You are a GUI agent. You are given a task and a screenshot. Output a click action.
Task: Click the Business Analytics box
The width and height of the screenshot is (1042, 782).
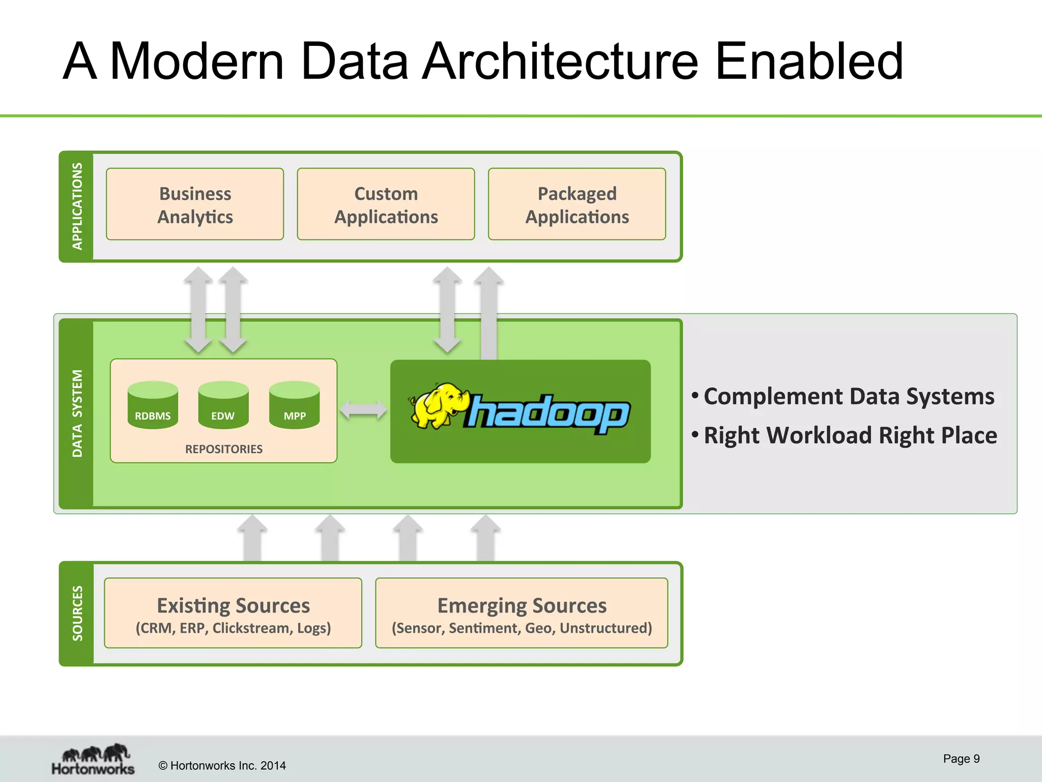click(195, 204)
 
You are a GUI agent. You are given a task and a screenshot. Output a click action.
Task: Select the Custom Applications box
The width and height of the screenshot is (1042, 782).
click(386, 204)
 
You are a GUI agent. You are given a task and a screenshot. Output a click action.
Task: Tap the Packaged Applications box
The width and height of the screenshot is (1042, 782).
click(577, 204)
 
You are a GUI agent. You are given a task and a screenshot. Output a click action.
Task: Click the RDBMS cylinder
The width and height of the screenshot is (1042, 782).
click(153, 405)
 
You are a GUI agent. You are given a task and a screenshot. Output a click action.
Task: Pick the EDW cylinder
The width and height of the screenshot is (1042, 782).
click(223, 405)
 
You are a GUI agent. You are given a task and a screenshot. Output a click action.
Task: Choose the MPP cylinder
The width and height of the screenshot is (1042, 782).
click(295, 405)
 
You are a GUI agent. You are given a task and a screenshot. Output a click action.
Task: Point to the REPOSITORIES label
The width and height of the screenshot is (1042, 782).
click(224, 449)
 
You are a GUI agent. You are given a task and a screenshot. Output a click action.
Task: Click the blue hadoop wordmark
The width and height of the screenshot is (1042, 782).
click(547, 413)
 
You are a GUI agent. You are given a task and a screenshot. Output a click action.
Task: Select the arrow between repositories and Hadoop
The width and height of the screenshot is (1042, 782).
click(363, 410)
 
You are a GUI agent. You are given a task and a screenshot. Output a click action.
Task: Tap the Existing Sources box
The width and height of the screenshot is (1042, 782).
click(233, 613)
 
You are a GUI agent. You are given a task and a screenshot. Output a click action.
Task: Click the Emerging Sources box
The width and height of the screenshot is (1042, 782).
click(522, 613)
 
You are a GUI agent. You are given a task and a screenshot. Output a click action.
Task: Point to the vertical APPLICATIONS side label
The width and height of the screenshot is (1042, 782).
click(77, 206)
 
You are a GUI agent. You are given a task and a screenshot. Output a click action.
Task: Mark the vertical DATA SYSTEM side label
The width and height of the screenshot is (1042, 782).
click(77, 413)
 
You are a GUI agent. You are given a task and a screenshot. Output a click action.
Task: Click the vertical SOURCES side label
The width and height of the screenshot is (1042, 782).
click(77, 613)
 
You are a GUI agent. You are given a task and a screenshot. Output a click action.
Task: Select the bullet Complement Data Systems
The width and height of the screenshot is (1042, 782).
click(849, 396)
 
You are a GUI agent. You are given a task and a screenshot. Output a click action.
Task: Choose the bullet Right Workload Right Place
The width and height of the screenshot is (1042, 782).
click(850, 435)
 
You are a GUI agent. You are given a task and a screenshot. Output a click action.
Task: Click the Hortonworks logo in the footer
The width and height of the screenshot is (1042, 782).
click(93, 760)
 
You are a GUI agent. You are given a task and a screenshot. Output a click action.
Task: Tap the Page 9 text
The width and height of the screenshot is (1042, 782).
click(961, 759)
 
